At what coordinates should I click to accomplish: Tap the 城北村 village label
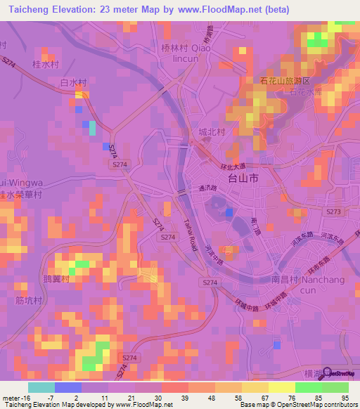point(210,132)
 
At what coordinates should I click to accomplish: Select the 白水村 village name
point(72,83)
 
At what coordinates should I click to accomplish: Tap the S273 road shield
point(333,211)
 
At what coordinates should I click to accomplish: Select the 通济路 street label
point(207,188)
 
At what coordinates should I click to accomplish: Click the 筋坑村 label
point(29,301)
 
